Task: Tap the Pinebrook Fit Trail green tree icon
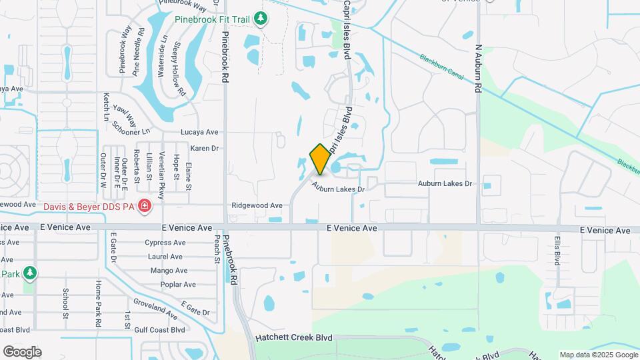click(x=262, y=19)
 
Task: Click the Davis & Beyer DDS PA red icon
click(x=145, y=207)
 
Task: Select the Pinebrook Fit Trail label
click(x=212, y=19)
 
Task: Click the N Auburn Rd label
click(x=478, y=69)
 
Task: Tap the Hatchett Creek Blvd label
click(x=293, y=338)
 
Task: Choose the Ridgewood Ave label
click(x=257, y=206)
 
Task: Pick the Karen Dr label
click(x=205, y=148)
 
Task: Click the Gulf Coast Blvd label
click(x=159, y=330)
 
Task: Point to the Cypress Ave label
click(x=163, y=243)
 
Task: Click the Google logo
click(x=22, y=351)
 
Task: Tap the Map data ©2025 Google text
click(x=598, y=355)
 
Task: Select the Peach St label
click(x=217, y=247)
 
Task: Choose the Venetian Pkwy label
click(x=161, y=167)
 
